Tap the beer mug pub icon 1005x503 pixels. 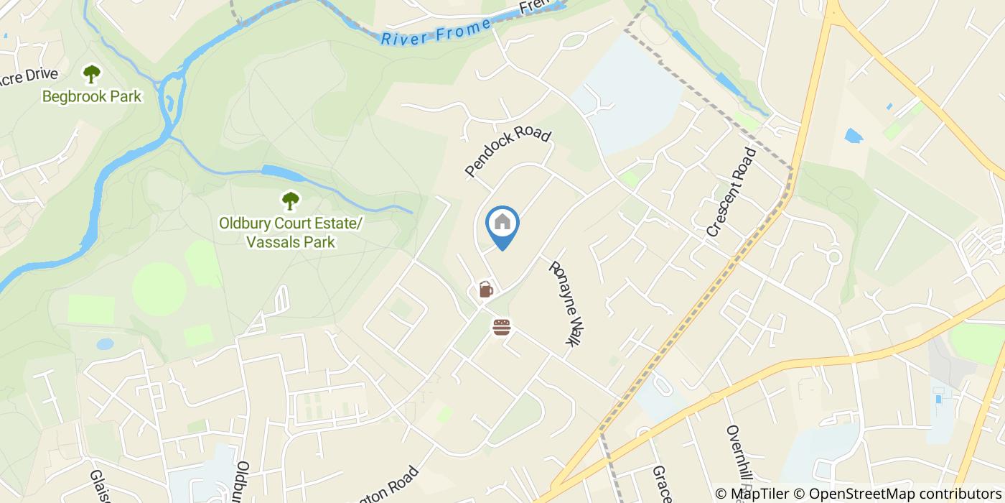(x=486, y=290)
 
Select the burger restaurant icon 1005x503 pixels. (x=502, y=328)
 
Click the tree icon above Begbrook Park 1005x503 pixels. (x=91, y=73)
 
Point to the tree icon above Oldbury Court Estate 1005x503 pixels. (x=290, y=200)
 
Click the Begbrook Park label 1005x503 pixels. (x=91, y=96)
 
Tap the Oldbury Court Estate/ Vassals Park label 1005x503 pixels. (x=290, y=233)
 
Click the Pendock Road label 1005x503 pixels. (x=508, y=152)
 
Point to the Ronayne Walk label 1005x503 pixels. (x=564, y=303)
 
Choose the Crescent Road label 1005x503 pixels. (x=731, y=192)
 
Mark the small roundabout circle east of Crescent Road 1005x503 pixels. (x=833, y=257)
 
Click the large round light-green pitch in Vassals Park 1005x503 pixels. (x=159, y=289)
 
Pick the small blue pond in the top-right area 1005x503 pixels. (x=854, y=136)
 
